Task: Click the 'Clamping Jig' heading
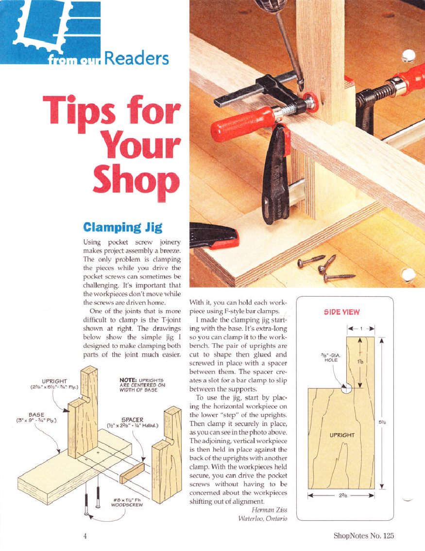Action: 123,228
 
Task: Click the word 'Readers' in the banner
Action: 136,58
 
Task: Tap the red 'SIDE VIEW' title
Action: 341,312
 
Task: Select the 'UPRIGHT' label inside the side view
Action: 342,435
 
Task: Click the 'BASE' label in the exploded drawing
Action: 36,417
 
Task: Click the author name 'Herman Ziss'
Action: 270,510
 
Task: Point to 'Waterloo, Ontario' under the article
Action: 262,518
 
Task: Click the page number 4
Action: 85,536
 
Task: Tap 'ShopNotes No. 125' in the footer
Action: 364,536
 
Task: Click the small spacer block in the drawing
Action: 132,473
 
